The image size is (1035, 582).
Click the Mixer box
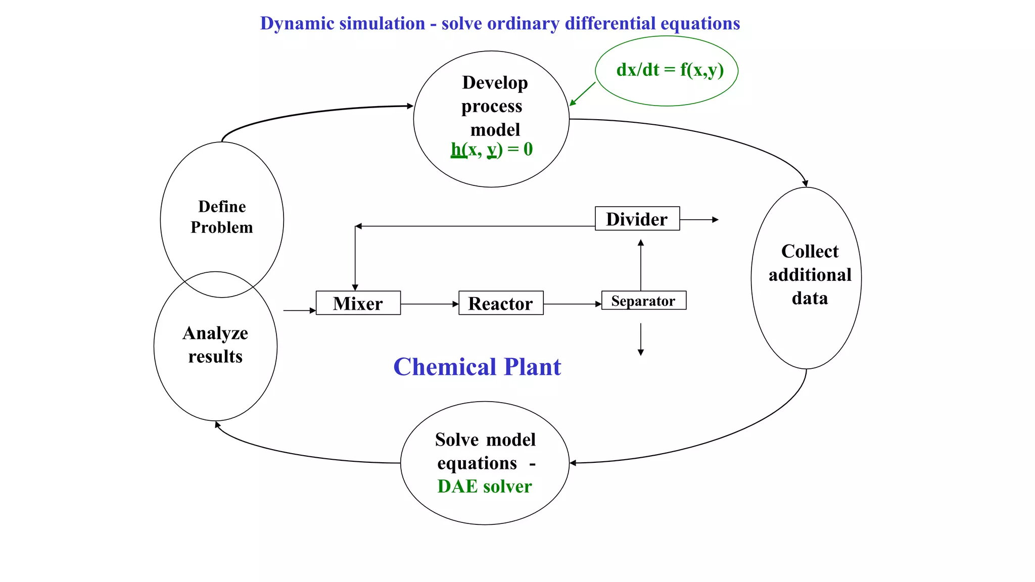[358, 303]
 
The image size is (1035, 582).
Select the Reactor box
[501, 303]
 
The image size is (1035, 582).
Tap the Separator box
[643, 301]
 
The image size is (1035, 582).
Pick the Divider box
[637, 219]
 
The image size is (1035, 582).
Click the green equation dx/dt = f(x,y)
[670, 70]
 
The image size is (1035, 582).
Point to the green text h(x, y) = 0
[492, 150]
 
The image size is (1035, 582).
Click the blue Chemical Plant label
[477, 367]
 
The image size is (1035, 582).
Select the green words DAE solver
[484, 486]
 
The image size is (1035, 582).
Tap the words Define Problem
[221, 217]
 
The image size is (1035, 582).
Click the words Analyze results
[215, 345]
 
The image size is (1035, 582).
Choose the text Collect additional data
[810, 275]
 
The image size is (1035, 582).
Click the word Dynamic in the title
[292, 24]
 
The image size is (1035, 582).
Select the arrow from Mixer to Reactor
[429, 304]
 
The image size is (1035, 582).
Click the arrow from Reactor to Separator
[572, 304]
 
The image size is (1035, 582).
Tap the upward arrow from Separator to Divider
[641, 265]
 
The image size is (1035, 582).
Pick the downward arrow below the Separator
[641, 339]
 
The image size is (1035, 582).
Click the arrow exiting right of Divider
[699, 220]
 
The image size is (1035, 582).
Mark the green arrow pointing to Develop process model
[583, 94]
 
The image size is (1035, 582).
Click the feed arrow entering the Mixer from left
[299, 311]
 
